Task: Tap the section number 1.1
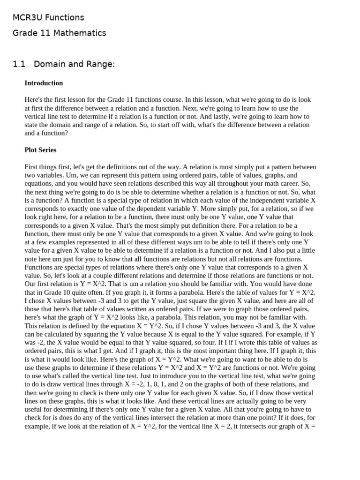[x=18, y=64]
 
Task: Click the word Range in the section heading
[x=102, y=64]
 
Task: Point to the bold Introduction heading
[x=44, y=83]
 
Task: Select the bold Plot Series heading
[x=40, y=150]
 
